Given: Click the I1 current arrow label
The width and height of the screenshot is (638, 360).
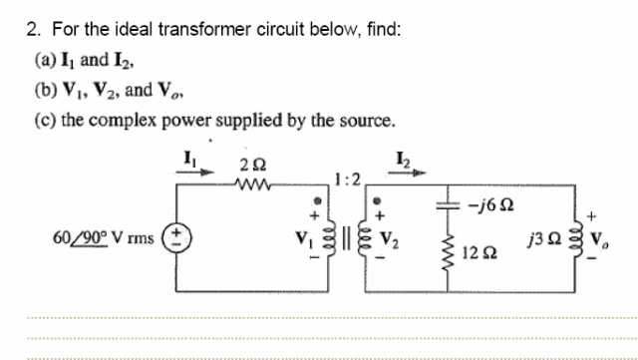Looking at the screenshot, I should click(186, 157).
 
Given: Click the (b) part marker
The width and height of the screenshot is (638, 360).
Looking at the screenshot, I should click(45, 91).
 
